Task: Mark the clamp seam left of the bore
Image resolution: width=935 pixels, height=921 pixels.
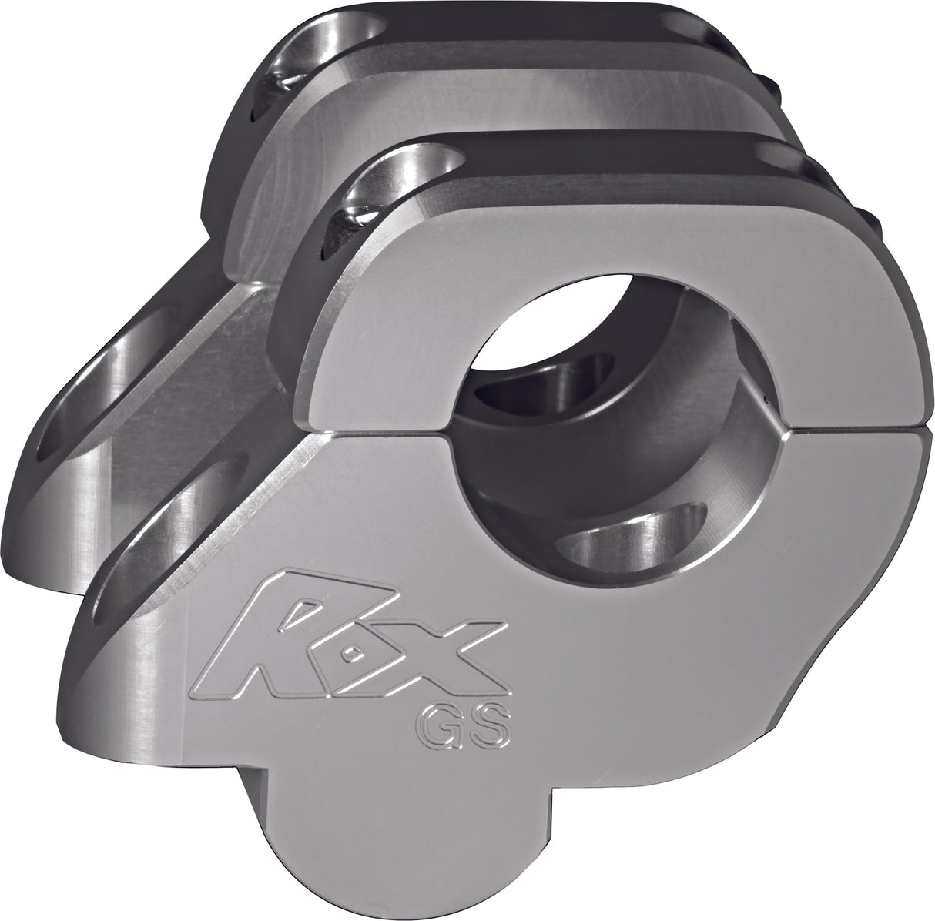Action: tap(385, 428)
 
